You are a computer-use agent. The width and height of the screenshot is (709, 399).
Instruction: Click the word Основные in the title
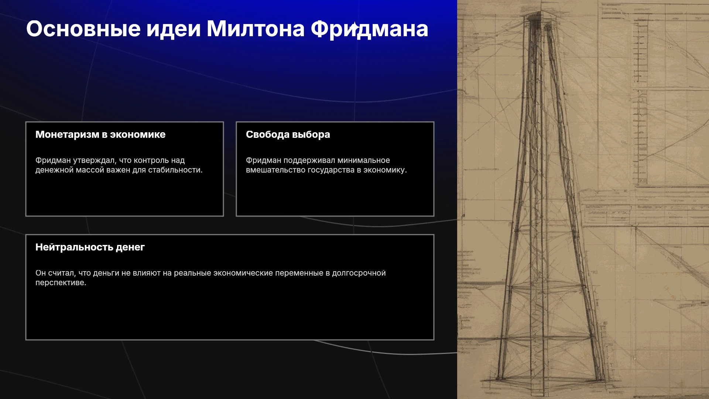click(x=83, y=28)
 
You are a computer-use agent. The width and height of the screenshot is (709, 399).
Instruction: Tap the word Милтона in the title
click(x=256, y=28)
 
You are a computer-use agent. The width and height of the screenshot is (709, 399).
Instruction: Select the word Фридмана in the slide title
click(x=369, y=29)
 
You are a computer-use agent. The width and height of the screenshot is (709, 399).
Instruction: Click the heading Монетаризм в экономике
click(x=100, y=134)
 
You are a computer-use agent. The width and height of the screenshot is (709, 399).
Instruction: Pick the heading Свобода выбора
click(x=288, y=134)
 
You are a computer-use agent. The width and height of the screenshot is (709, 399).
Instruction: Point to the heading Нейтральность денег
click(x=90, y=247)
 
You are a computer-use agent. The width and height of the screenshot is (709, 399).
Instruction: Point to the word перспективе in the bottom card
click(x=61, y=283)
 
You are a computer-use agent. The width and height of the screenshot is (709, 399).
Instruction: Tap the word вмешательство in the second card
click(x=275, y=170)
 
